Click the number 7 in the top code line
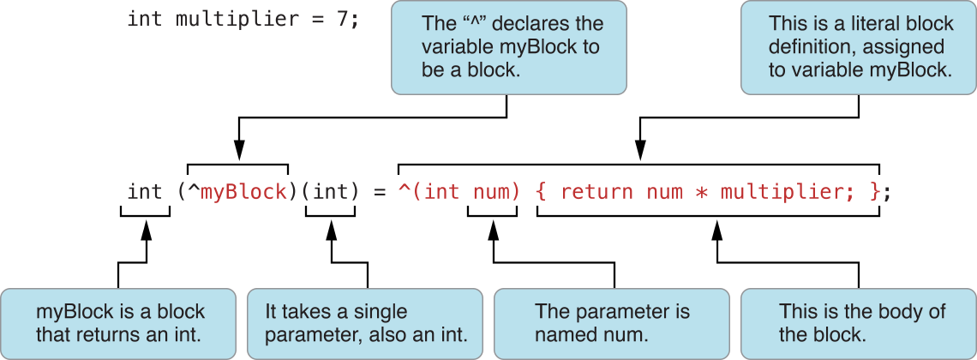[x=342, y=19]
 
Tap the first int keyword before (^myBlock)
[x=145, y=191]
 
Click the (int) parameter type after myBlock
[x=330, y=191]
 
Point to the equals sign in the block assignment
[x=378, y=191]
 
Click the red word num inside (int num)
[x=492, y=191]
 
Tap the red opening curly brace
[x=542, y=191]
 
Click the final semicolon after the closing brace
[x=888, y=191]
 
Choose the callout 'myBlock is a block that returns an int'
[x=118, y=322]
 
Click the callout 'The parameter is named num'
[x=612, y=322]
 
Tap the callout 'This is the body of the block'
[x=857, y=322]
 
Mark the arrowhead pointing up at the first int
[x=146, y=231]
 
